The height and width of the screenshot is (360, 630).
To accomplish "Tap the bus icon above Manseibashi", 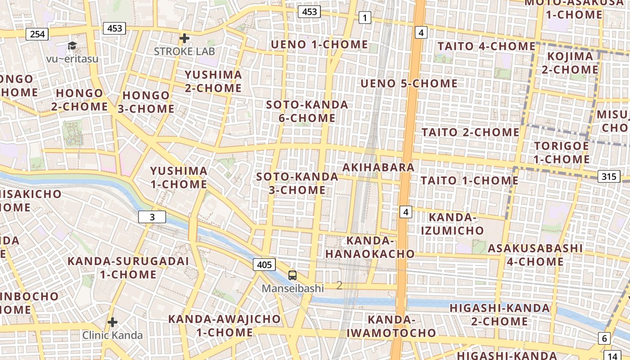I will (292, 275).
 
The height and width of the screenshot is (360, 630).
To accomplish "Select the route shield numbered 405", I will (264, 265).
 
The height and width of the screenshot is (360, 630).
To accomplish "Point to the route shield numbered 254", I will (37, 34).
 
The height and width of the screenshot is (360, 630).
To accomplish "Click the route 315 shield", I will (608, 176).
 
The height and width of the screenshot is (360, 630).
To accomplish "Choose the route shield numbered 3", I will (152, 217).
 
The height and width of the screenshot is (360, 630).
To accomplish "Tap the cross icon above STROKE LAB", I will (184, 38).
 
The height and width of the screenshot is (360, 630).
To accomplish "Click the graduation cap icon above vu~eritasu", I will (72, 45).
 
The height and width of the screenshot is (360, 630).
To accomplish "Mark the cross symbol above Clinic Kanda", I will (112, 322).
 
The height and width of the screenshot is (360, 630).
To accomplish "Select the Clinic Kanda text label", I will (112, 335).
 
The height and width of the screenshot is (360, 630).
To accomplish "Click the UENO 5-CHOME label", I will (409, 84).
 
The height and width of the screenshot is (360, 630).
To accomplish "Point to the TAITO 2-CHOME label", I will (470, 132).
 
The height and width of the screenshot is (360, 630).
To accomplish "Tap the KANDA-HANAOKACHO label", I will (370, 247).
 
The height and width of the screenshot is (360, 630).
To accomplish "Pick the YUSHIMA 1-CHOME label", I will (179, 178).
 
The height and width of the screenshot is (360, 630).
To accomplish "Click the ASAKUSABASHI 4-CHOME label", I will (535, 255).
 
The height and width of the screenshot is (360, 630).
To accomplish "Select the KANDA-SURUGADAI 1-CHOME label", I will (128, 268).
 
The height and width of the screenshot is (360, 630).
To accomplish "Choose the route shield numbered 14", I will (612, 355).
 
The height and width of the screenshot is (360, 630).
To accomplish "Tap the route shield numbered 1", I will (364, 18).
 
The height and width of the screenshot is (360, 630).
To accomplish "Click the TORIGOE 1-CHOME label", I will (562, 153).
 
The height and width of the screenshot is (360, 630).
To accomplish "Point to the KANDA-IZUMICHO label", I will (453, 224).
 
